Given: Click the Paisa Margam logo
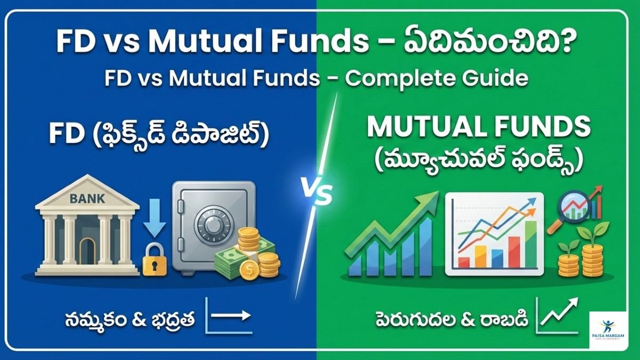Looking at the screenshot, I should point(609,329).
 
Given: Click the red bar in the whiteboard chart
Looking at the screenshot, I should point(513,251).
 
